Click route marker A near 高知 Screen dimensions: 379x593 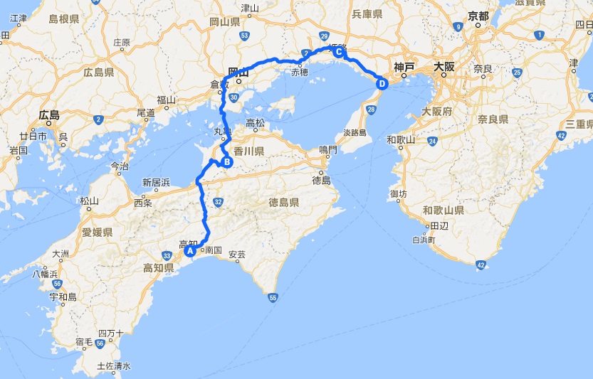[190, 250]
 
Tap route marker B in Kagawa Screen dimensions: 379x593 [227, 162]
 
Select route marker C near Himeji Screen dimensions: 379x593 [339, 52]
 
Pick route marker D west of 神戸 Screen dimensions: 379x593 [382, 84]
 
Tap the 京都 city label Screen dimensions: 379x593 [478, 15]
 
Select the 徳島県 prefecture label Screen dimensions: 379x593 [284, 203]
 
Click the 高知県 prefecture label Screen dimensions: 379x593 [159, 268]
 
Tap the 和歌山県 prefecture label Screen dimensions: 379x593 [443, 210]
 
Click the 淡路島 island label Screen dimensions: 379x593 [354, 132]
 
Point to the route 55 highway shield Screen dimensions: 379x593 [273, 298]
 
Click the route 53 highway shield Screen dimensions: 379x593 [245, 35]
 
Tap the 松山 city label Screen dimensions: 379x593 [89, 201]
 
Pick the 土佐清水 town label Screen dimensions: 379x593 [114, 367]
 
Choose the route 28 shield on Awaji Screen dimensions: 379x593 [371, 109]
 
